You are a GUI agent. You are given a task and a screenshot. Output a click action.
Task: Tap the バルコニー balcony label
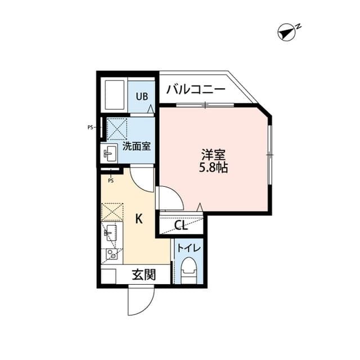[x=196, y=89]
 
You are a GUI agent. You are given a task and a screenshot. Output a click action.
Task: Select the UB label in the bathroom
[x=141, y=96]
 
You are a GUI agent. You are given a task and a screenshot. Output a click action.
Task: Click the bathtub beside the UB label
[x=114, y=95]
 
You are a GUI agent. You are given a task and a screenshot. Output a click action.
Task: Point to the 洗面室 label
[x=136, y=147]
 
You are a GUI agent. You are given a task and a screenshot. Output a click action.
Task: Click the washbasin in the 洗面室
[x=110, y=154]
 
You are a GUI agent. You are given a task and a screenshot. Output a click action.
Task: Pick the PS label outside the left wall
[x=90, y=127]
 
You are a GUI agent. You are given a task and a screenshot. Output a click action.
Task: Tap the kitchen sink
[x=111, y=232]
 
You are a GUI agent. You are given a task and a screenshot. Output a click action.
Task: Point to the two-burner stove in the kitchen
[x=111, y=254]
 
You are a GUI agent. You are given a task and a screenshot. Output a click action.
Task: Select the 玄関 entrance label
[x=143, y=275]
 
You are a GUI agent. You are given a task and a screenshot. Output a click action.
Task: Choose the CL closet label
[x=181, y=226]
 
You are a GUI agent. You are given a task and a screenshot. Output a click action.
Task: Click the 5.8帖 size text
[x=213, y=168]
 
